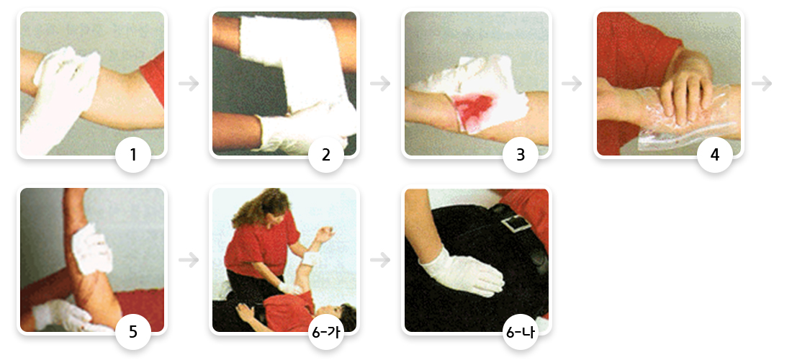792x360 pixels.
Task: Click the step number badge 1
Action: (133, 155)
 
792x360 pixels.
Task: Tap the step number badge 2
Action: (325, 155)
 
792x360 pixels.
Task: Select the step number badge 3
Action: (521, 155)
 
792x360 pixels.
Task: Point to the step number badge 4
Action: (715, 155)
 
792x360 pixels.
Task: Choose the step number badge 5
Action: (133, 332)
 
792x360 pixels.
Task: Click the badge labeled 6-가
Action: (325, 332)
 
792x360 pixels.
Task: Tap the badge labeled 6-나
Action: (521, 332)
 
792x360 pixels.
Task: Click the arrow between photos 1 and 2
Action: (189, 84)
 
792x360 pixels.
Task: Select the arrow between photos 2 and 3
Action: (380, 84)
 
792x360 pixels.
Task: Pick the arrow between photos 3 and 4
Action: (572, 84)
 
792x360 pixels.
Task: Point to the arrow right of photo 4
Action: (762, 84)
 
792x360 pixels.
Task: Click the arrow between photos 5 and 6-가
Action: (189, 260)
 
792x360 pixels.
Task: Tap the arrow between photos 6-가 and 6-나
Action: (380, 260)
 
